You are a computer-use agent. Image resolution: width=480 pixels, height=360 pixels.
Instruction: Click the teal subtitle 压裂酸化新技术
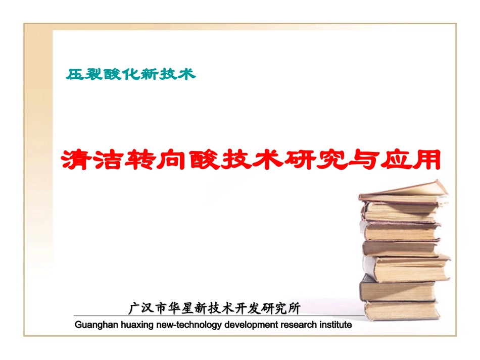click(x=130, y=75)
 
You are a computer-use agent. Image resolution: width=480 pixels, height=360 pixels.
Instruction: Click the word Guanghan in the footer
click(x=95, y=325)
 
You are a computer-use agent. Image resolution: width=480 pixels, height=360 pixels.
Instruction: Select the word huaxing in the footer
click(x=136, y=325)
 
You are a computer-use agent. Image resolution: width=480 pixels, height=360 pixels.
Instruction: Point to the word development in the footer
click(x=248, y=325)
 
